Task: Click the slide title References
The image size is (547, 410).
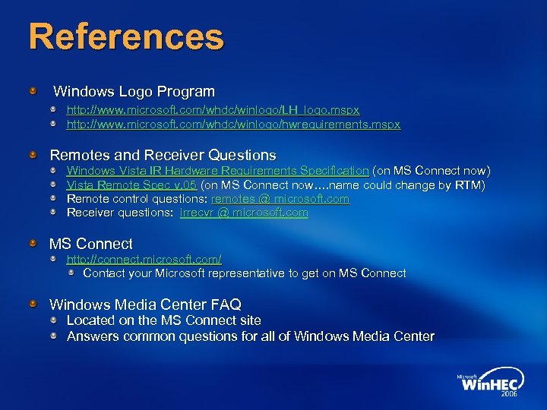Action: coord(126,36)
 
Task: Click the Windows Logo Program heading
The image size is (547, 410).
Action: coord(134,92)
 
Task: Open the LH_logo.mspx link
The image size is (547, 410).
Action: coord(213,110)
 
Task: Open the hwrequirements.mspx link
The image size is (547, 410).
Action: coord(233,124)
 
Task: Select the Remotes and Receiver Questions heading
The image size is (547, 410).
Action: coord(163,156)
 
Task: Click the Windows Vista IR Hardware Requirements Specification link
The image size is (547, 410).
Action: coord(217,171)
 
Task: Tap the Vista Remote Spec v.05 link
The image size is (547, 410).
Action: coord(131,184)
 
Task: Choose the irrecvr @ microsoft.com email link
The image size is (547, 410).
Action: coord(244,213)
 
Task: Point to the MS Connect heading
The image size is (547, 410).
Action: coord(90,244)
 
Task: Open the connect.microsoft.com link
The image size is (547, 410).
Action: coord(144,260)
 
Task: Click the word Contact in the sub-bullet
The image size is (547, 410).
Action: coord(104,273)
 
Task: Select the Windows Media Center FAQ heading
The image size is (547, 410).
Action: coord(145,305)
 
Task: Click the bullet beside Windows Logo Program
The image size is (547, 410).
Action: coord(33,92)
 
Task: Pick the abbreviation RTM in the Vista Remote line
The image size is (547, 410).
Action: coord(469,184)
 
